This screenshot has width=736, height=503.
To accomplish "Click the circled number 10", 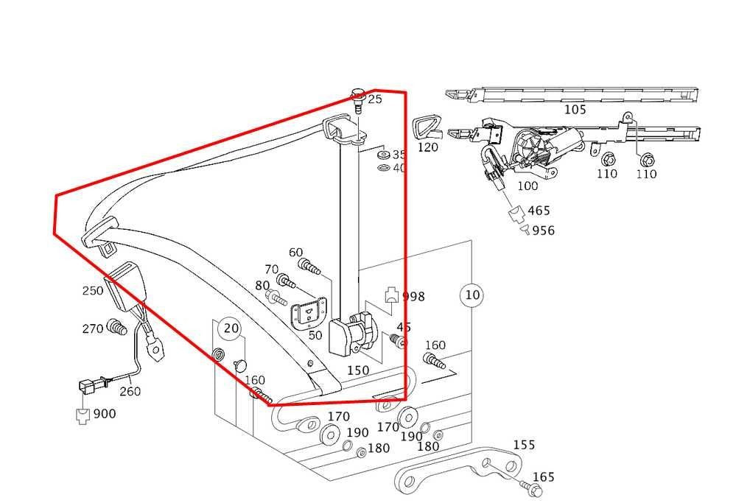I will coord(472,295).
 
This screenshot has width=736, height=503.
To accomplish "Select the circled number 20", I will coord(231,328).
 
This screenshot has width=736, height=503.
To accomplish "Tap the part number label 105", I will coord(575,110).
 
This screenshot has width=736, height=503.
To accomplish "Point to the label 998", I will coord(413,297).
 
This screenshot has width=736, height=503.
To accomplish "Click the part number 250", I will coord(93,291).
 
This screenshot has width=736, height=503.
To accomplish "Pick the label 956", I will coord(543,231).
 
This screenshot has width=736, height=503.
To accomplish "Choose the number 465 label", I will coord(539,211).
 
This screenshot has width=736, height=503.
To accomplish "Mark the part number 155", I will coord(524,445).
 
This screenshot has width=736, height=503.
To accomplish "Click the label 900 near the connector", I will coord(104,414).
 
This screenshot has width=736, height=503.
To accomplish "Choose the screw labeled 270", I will coord(114,326).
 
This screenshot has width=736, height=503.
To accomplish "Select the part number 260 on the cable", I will coord(130,391).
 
